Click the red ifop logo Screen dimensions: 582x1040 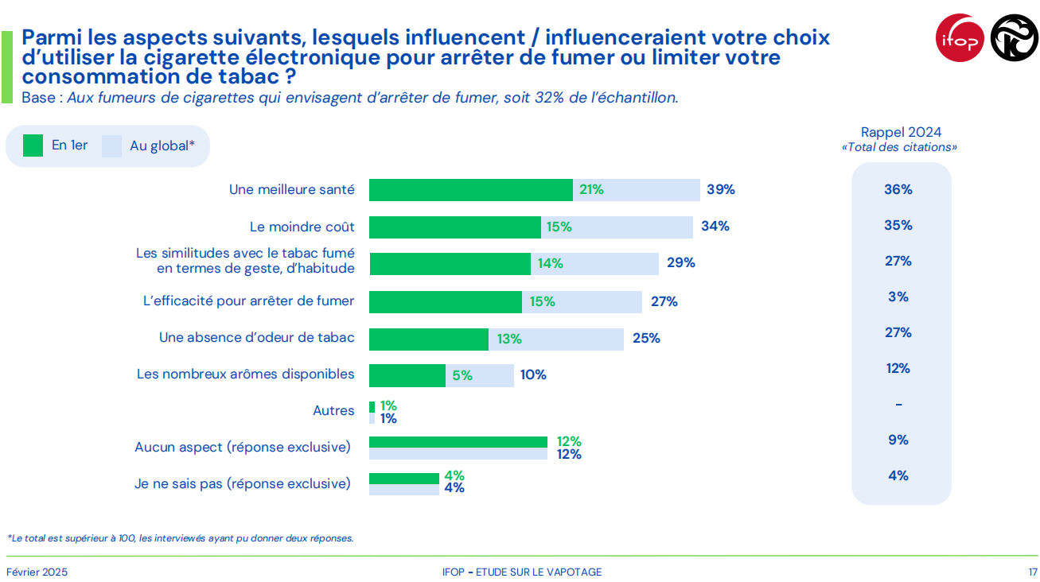pos(960,37)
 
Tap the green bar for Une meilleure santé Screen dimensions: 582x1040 pos(470,190)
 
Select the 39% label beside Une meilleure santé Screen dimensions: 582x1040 pos(721,190)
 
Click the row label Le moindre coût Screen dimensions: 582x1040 pos(302,227)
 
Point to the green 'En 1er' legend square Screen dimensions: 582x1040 pos(33,145)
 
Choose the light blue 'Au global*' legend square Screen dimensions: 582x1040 pos(111,145)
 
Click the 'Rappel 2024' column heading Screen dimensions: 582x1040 pos(901,133)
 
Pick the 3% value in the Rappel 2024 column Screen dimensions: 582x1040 pos(898,297)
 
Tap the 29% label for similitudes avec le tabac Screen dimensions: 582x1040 pos(681,262)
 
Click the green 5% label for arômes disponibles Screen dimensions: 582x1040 pos(462,375)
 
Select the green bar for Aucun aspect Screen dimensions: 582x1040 pos(458,442)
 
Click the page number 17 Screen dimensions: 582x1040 pos(1032,572)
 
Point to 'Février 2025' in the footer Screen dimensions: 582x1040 pos(37,572)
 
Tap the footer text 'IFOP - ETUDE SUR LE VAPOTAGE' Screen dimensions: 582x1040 pos(522,572)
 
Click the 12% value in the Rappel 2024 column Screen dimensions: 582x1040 pos(898,368)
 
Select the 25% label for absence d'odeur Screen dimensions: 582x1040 pos(646,338)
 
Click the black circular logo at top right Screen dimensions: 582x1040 pos(1014,37)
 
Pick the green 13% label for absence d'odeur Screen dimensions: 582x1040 pos(509,339)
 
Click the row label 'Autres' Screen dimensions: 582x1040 pos(333,411)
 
